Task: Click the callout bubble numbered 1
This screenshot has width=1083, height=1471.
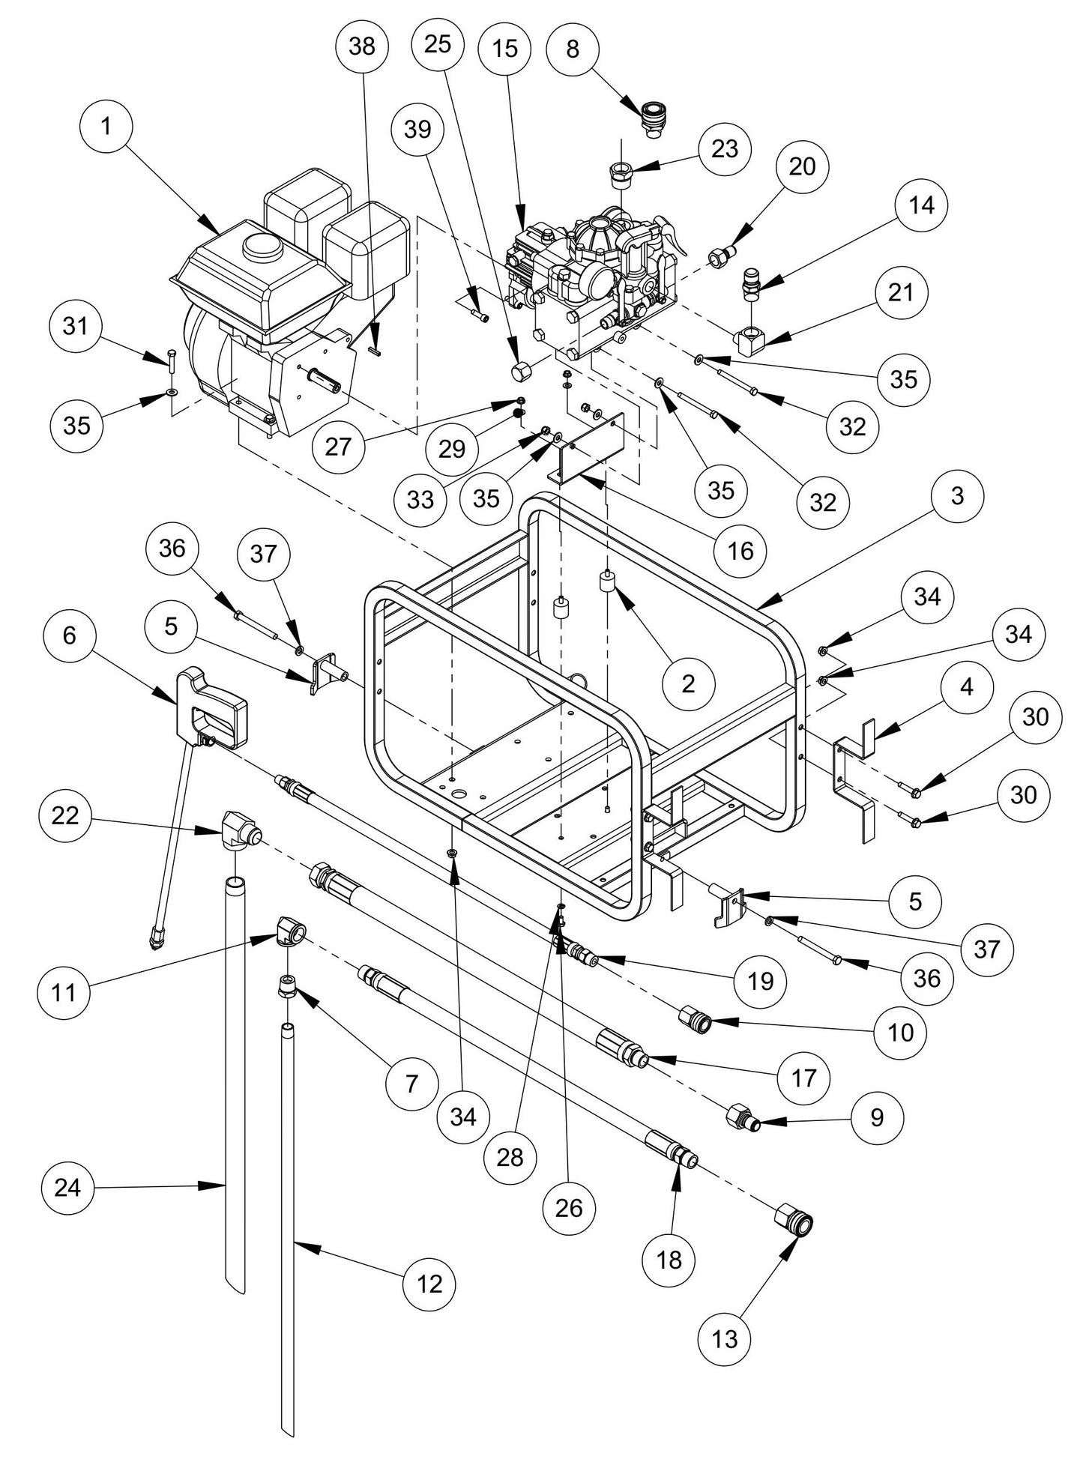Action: tap(106, 127)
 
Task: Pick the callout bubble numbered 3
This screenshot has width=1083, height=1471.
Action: tap(957, 495)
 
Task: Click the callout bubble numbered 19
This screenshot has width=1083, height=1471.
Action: tap(760, 979)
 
